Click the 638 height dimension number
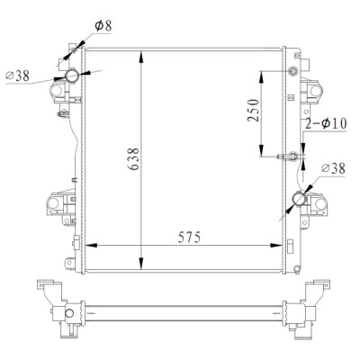point(134,159)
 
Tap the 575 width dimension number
point(189,238)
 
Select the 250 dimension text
point(253,110)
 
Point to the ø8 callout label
point(103,26)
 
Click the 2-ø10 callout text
point(326,123)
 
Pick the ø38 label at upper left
point(18,76)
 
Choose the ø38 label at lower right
point(333,168)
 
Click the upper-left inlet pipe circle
point(72,75)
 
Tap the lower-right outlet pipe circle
point(300,199)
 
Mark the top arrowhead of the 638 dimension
point(141,57)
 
